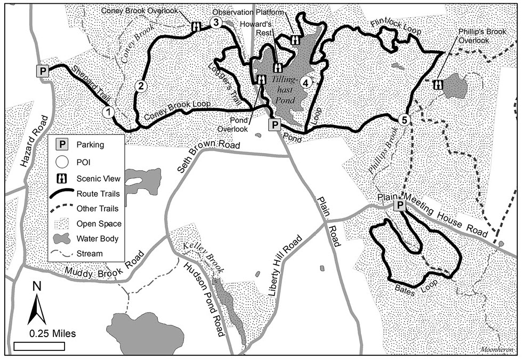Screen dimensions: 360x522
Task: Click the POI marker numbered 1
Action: pos(108,111)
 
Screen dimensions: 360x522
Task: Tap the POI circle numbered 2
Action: pos(141,85)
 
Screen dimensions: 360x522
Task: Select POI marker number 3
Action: pos(215,22)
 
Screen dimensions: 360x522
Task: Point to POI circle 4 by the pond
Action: pos(306,82)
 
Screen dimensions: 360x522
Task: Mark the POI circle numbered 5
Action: pos(404,119)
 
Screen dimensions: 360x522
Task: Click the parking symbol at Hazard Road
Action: pos(42,70)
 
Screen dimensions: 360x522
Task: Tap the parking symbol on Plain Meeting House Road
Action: pos(399,206)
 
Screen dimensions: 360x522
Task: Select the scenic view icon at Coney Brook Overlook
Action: pos(196,26)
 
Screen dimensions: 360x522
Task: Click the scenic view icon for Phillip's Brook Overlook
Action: pos(438,84)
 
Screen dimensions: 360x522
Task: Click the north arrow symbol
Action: pos(36,308)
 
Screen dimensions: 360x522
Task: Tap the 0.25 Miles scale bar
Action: pos(38,346)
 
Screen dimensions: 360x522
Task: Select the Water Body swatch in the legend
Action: pos(62,238)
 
